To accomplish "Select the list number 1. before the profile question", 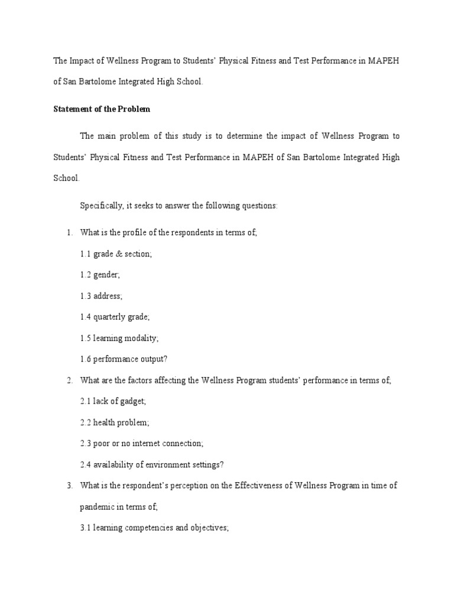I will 69,233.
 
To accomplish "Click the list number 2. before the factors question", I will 69,380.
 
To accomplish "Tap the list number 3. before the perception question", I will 69,486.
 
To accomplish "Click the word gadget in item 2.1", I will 132,402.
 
